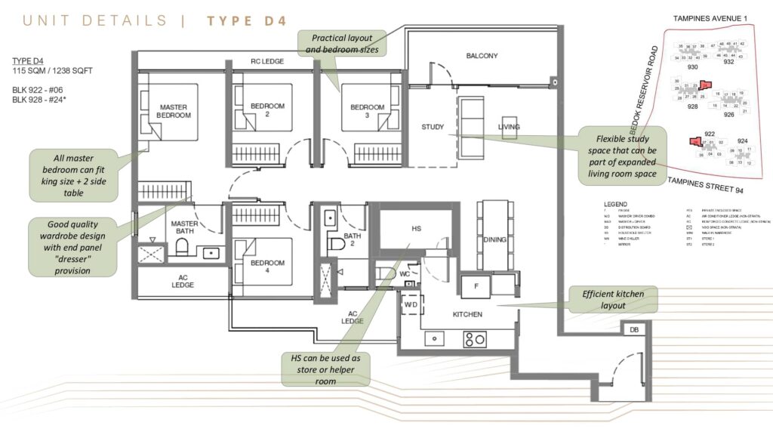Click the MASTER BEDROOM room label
(x=174, y=111)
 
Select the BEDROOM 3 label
(x=368, y=111)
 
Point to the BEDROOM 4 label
(x=267, y=267)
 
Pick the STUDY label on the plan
(x=433, y=127)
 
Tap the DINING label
(x=495, y=240)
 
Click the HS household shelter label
(x=416, y=227)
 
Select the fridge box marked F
(x=476, y=286)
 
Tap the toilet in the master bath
(x=181, y=247)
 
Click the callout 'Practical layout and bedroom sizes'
(x=342, y=42)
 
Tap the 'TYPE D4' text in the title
(x=247, y=20)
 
